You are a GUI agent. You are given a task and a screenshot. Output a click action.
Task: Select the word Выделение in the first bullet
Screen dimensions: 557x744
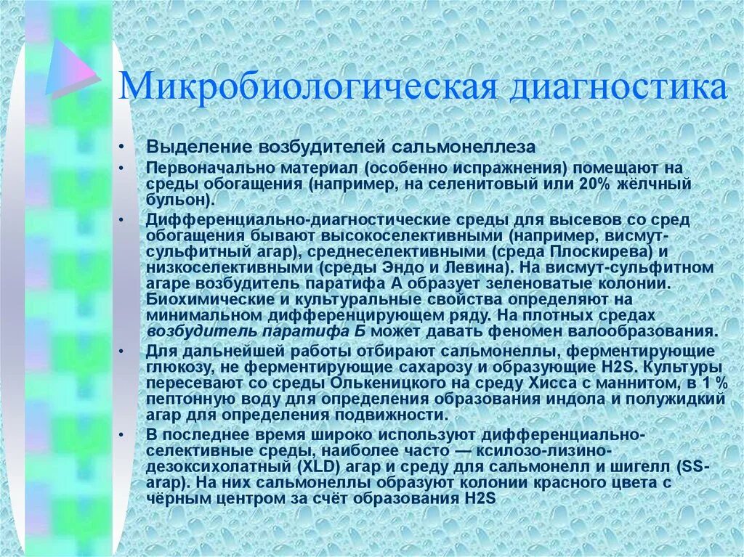(x=189, y=146)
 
